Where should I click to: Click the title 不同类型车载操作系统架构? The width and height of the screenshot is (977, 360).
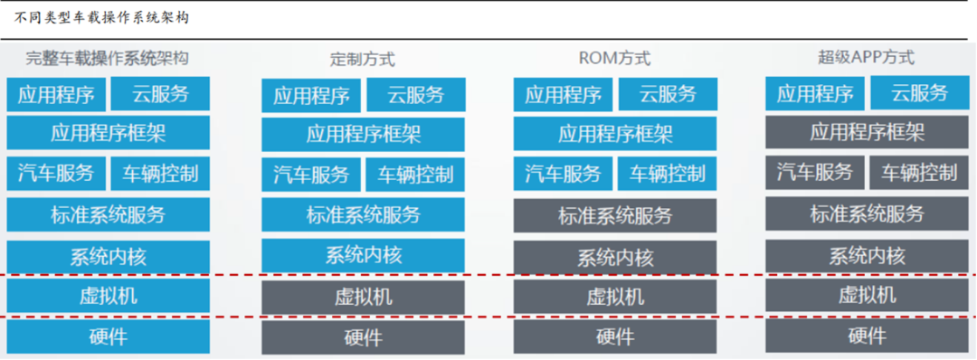tap(101, 18)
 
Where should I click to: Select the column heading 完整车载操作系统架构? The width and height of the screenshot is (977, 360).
tap(107, 59)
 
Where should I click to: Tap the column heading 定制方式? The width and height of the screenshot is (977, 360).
tap(362, 60)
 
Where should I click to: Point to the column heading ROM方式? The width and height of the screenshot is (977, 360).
tap(614, 59)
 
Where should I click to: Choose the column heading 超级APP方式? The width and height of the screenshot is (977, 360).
tap(866, 58)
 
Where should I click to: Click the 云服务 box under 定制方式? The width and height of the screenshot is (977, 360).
tap(416, 95)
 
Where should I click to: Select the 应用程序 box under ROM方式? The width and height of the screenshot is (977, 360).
tap(563, 95)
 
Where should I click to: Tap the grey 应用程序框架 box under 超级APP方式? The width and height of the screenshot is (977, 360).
tap(867, 133)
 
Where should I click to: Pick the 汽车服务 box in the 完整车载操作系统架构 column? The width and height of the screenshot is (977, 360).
tap(55, 174)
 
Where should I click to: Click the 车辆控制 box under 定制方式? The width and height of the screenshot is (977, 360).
tap(415, 175)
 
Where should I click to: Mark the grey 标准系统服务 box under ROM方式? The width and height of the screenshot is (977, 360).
tap(615, 216)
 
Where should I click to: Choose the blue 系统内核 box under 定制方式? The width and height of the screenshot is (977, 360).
tap(363, 256)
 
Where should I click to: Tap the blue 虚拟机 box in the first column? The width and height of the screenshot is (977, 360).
tap(108, 296)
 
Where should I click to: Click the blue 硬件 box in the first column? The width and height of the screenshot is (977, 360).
tap(108, 336)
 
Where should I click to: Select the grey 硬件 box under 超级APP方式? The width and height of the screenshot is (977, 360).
tap(867, 336)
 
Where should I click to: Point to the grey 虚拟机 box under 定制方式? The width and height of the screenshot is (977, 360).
tap(363, 298)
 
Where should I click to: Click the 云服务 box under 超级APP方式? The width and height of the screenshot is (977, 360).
tap(919, 93)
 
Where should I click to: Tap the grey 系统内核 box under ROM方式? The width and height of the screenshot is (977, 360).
tap(615, 258)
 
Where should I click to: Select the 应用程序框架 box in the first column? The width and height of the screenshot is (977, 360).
tap(108, 134)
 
